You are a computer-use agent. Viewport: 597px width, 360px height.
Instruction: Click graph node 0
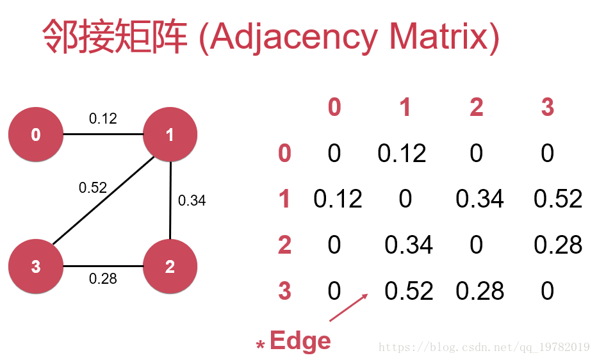pyautogui.click(x=36, y=135)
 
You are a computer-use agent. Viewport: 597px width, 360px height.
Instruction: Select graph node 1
pyautogui.click(x=170, y=135)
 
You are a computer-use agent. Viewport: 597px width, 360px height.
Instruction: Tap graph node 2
pyautogui.click(x=170, y=266)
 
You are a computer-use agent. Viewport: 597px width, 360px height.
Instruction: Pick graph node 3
pyautogui.click(x=36, y=266)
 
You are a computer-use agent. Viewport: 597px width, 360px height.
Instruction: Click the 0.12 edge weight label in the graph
pyautogui.click(x=102, y=119)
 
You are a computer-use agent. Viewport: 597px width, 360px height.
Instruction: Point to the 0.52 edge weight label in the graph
pyautogui.click(x=92, y=188)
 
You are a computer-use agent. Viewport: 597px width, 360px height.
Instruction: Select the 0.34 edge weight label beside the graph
pyautogui.click(x=192, y=200)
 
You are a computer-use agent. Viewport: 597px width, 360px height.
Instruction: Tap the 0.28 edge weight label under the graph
pyautogui.click(x=102, y=279)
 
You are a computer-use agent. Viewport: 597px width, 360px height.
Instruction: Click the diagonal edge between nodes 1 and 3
pyautogui.click(x=103, y=200)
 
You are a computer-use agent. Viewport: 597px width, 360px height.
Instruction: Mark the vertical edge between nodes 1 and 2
pyautogui.click(x=170, y=200)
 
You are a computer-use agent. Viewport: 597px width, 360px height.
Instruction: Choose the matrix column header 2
pyautogui.click(x=477, y=107)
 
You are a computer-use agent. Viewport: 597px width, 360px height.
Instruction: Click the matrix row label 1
pyautogui.click(x=284, y=199)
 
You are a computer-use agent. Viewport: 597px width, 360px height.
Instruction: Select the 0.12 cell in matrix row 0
pyautogui.click(x=402, y=153)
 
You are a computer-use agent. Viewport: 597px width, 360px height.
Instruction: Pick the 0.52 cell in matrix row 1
pyautogui.click(x=558, y=199)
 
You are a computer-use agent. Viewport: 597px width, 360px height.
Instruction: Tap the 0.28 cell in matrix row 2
pyautogui.click(x=558, y=245)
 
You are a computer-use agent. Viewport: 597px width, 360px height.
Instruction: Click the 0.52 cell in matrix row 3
pyautogui.click(x=409, y=291)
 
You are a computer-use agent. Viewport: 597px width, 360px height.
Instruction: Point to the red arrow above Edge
pyautogui.click(x=348, y=307)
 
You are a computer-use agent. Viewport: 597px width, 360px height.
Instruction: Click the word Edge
pyautogui.click(x=300, y=341)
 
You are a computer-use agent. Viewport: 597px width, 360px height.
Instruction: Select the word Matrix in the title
pyautogui.click(x=439, y=37)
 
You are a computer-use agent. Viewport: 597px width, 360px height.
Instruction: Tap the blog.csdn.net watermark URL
pyautogui.click(x=484, y=347)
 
